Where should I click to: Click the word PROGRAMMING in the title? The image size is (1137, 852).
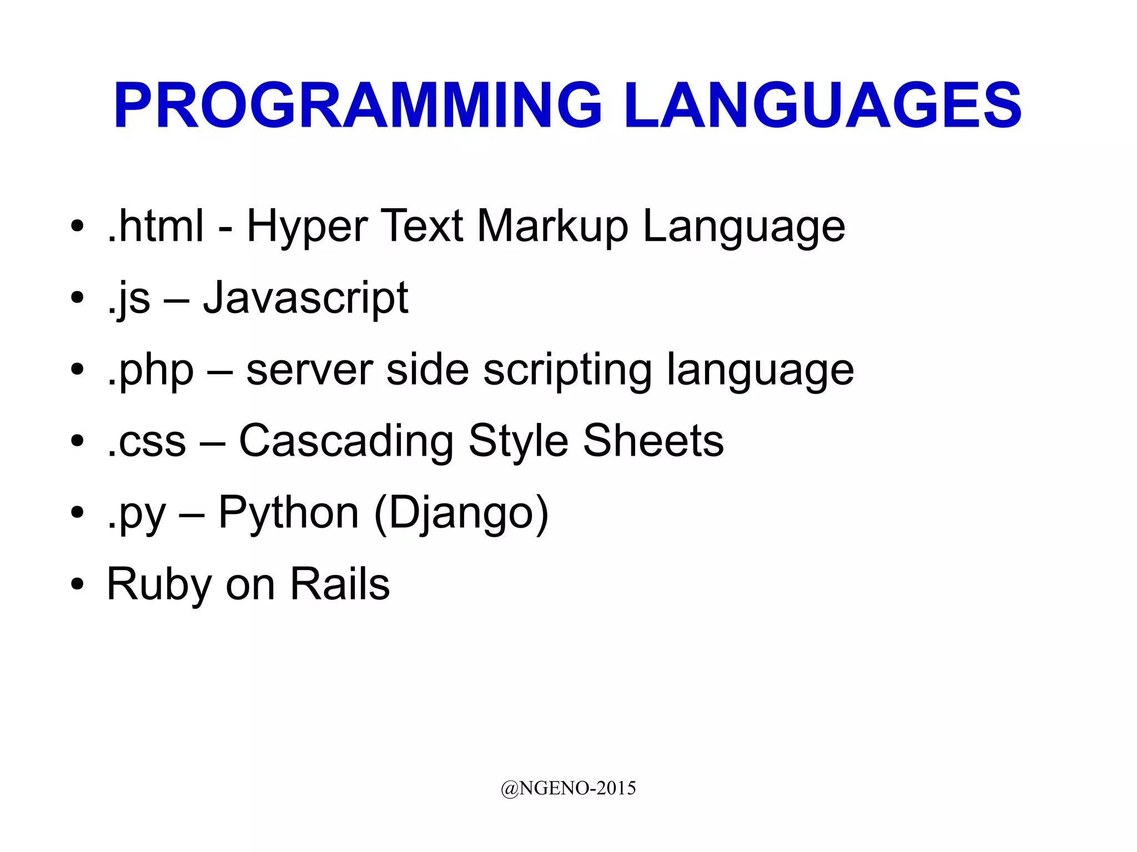pos(358,105)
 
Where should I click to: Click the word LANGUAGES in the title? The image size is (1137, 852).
pos(822,105)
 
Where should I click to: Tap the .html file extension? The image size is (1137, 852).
pos(155,226)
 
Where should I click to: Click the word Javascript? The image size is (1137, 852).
pos(305,299)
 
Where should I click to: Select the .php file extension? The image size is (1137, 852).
pos(150,371)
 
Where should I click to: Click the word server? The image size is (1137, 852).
pos(310,370)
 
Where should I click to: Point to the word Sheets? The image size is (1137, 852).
pos(653,441)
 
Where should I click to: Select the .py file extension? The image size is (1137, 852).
pos(137,514)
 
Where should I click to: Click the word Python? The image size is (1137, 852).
pos(289,514)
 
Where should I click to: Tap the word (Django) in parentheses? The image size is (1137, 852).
pos(461,514)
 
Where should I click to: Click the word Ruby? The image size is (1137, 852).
pos(159,585)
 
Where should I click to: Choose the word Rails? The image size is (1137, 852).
pos(340,584)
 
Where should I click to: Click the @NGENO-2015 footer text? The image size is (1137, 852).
pos(568,788)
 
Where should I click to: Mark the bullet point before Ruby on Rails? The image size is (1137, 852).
pos(77,584)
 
